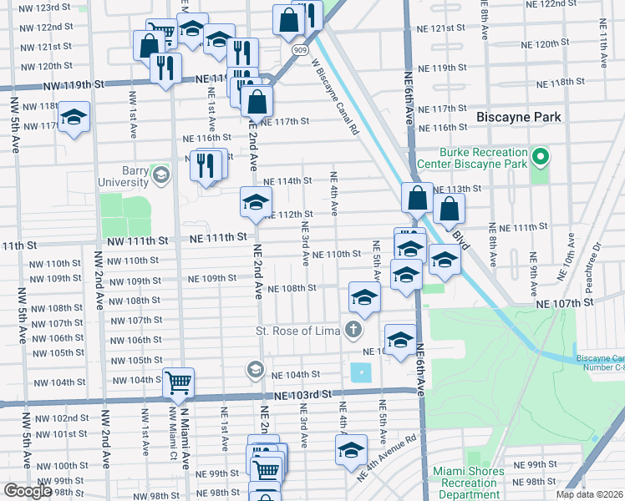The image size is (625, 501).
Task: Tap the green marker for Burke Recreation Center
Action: point(541,157)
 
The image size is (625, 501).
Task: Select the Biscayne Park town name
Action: point(518,117)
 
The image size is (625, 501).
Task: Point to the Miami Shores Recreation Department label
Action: point(469,483)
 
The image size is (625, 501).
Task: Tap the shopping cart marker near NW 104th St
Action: point(178,383)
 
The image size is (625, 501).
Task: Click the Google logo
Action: point(27,491)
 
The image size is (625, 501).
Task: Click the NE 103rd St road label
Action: point(298,393)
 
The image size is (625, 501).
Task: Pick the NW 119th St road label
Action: point(74,84)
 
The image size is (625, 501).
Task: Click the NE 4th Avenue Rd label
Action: point(387,456)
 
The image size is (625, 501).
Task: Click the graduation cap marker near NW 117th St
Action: point(74,118)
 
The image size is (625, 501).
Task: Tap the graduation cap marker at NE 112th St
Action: point(256,201)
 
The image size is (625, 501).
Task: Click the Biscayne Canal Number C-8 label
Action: point(600,363)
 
